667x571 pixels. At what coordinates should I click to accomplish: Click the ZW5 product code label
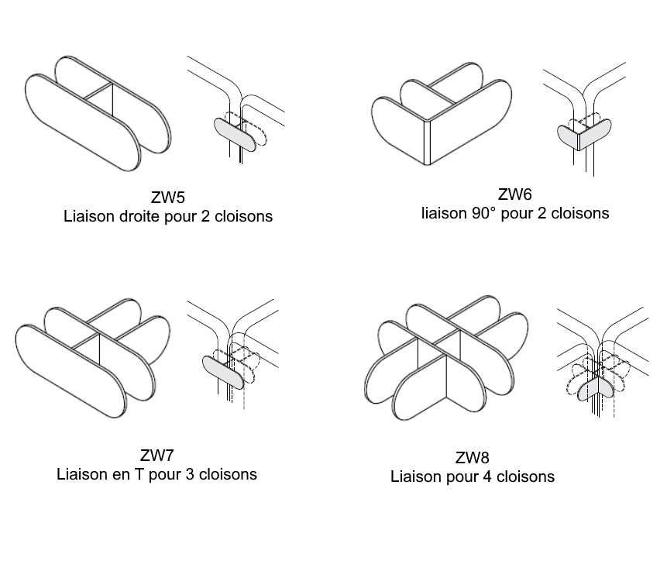167,198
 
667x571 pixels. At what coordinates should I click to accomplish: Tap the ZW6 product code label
515,194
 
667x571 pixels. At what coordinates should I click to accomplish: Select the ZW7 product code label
156,455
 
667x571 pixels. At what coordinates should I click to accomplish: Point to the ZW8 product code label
472,458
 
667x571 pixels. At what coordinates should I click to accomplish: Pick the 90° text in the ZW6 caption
481,212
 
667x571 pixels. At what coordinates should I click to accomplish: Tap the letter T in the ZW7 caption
139,474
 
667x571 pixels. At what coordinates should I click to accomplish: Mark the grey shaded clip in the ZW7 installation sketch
224,370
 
